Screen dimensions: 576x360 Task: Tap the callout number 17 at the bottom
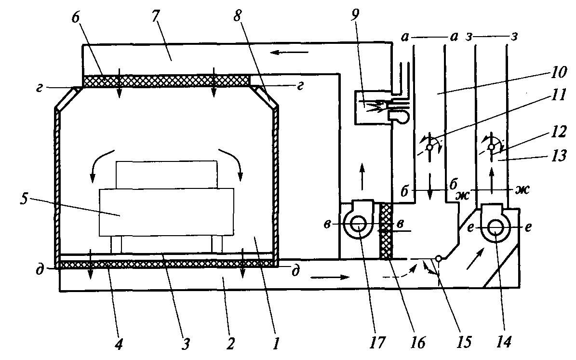(377, 342)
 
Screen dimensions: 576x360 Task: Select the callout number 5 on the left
(24, 199)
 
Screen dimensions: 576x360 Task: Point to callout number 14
(504, 342)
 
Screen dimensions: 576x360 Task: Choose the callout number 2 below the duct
(230, 344)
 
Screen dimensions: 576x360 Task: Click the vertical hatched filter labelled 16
(386, 231)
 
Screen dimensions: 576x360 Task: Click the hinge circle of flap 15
(438, 259)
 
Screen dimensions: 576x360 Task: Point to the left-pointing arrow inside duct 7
(290, 53)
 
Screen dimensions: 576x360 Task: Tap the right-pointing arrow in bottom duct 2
(330, 277)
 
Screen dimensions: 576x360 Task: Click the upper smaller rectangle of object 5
(166, 174)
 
